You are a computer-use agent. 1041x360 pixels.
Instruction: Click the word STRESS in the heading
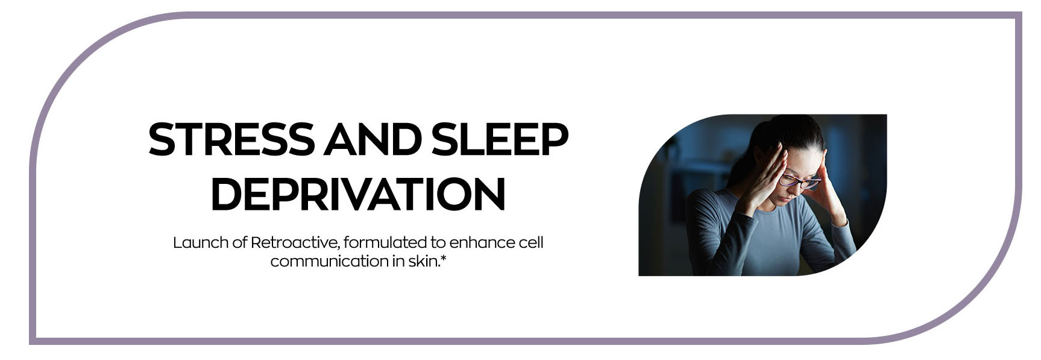point(231,139)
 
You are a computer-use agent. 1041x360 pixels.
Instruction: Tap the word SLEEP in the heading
point(500,139)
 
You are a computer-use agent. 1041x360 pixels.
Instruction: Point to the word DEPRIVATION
point(358,194)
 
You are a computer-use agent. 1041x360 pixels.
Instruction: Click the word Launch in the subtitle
point(201,242)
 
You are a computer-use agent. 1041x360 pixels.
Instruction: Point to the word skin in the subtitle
point(421,261)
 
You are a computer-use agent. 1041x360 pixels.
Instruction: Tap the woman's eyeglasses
point(799,181)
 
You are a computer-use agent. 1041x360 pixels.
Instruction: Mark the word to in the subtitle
point(438,242)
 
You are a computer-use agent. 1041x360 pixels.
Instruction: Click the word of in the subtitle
point(240,242)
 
